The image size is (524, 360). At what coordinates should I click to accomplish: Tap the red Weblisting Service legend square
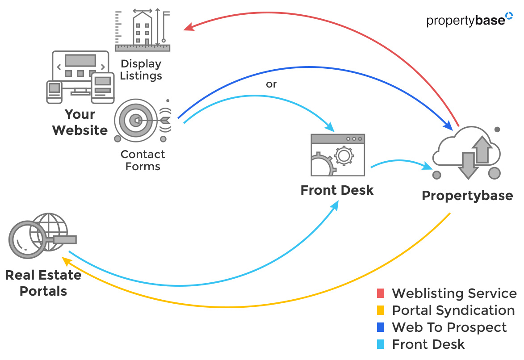click(380, 293)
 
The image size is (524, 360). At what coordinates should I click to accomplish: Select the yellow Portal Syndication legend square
click(380, 310)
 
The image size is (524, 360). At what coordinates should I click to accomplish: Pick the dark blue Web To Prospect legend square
click(380, 327)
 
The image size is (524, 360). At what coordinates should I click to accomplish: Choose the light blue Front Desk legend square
click(380, 344)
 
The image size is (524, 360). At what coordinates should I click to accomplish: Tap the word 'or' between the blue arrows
click(271, 84)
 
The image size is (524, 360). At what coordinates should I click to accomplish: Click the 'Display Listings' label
click(141, 70)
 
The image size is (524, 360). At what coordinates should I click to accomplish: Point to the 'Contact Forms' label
click(143, 160)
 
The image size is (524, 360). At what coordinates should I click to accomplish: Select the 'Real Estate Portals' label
click(43, 283)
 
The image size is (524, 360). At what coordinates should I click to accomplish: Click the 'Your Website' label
click(80, 122)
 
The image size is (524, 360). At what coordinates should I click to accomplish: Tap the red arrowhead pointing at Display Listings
click(189, 28)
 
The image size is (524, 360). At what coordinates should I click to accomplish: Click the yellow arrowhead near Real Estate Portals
click(66, 260)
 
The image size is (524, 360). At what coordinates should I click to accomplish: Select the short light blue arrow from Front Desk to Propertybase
click(400, 163)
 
